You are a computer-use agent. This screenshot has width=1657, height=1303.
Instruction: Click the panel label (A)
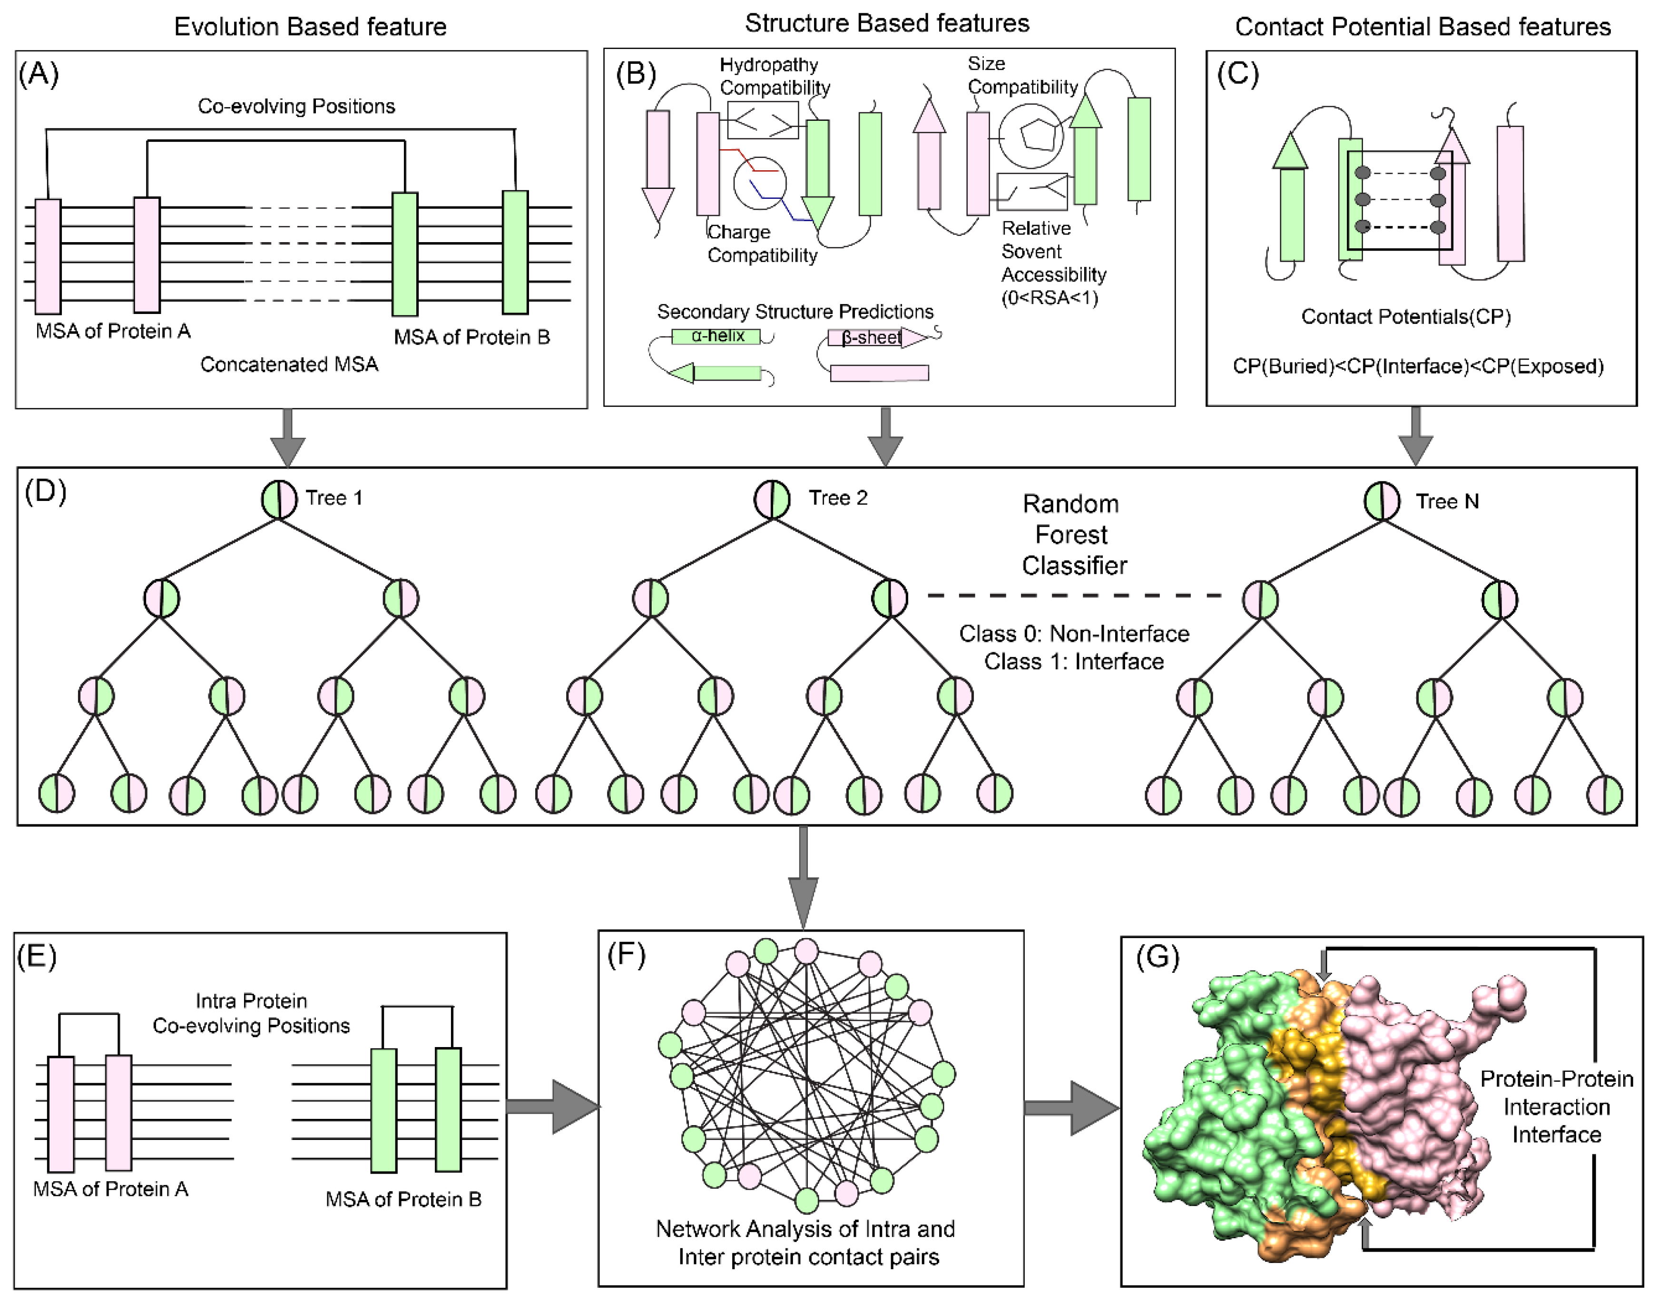pyautogui.click(x=38, y=75)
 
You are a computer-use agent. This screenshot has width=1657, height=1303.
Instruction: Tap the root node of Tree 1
pyautogui.click(x=279, y=500)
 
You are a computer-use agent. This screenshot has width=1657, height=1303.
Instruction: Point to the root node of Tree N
pyautogui.click(x=1382, y=501)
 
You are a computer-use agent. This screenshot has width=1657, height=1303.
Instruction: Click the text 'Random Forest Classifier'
pyautogui.click(x=1073, y=535)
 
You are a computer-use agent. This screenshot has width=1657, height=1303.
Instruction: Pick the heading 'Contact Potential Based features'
pyautogui.click(x=1422, y=27)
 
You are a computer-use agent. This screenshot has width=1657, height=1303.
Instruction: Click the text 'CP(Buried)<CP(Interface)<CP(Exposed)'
pyautogui.click(x=1417, y=366)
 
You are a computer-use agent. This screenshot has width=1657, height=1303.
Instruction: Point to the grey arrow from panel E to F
pyautogui.click(x=551, y=1106)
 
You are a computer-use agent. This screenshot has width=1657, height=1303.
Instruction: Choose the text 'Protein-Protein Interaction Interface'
pyautogui.click(x=1556, y=1107)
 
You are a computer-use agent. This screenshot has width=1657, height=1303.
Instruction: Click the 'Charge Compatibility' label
pyautogui.click(x=761, y=244)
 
